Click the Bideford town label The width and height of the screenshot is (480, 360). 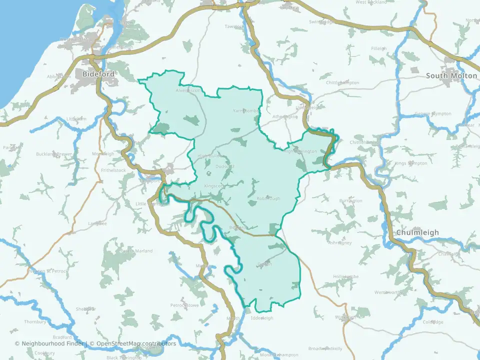pos(98,74)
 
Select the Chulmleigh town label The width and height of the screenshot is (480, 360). pos(417,232)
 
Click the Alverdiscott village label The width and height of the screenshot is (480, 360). pos(188,91)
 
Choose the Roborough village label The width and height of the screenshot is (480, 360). pos(268,198)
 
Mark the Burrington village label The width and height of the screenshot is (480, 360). pos(350,200)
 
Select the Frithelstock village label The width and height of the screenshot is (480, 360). pos(113,170)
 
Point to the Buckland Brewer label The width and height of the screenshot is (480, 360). pos(54,154)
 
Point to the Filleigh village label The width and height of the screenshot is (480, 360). pos(379,48)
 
